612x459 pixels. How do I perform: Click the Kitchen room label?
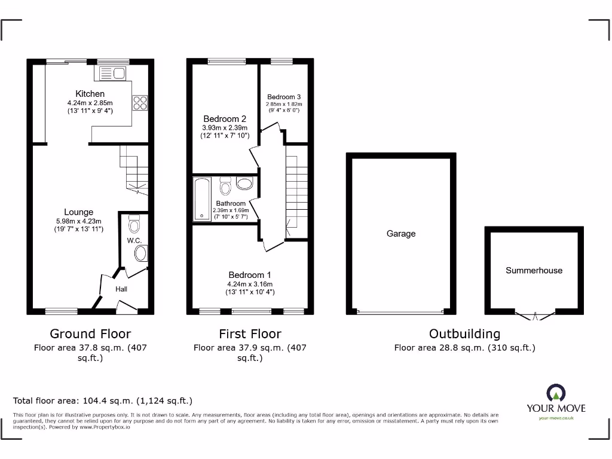90,94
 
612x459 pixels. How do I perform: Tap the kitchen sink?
112,74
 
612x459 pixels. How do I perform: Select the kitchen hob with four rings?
140,103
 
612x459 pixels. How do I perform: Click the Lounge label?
79,212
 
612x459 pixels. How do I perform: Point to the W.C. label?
133,241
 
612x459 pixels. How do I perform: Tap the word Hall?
121,289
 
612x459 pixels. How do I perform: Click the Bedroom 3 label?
284,97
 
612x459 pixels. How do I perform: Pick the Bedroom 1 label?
250,275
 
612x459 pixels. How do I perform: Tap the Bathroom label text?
231,204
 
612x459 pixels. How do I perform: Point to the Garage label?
400,234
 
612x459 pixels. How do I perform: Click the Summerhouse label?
534,270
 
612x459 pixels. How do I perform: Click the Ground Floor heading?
90,333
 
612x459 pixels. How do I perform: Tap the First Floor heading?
250,333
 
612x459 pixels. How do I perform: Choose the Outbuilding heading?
464,333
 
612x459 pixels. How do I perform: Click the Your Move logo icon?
556,393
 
